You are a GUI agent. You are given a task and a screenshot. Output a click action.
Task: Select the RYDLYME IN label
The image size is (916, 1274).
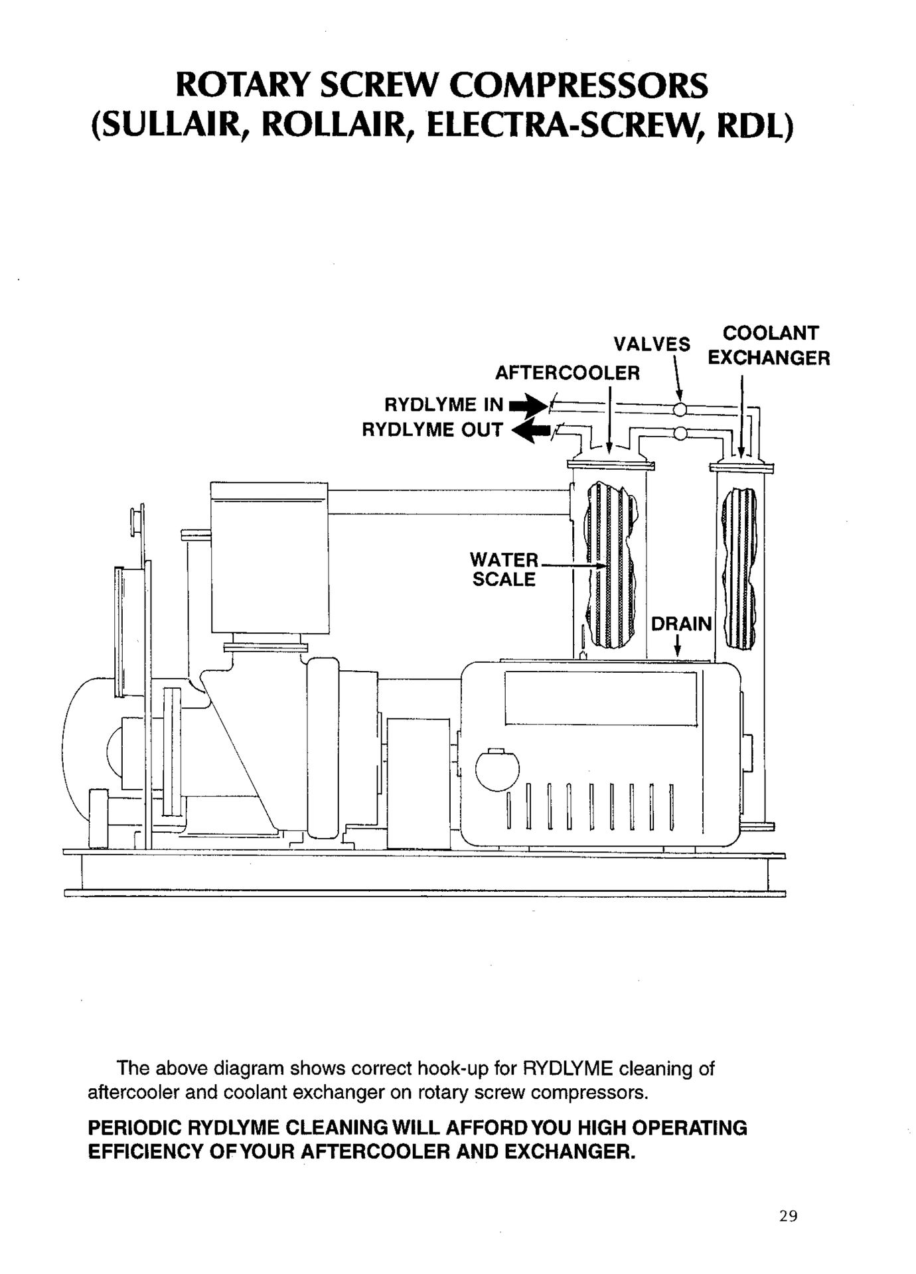click(x=444, y=405)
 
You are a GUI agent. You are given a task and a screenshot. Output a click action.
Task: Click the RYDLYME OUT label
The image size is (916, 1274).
click(x=432, y=430)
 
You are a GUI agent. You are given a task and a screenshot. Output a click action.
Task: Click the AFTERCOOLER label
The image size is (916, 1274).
click(x=568, y=373)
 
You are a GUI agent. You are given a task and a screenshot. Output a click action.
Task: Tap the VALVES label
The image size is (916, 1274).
click(x=652, y=344)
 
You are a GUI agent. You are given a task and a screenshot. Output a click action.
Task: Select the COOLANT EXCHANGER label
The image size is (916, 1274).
click(x=769, y=345)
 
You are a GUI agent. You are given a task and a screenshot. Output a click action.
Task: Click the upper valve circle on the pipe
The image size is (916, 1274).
click(x=679, y=409)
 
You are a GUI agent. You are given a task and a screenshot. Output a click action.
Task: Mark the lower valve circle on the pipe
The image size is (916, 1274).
click(x=679, y=435)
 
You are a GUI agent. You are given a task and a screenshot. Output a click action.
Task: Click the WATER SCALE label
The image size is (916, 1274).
click(x=504, y=569)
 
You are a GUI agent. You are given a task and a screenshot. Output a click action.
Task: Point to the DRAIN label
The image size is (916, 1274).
click(x=682, y=624)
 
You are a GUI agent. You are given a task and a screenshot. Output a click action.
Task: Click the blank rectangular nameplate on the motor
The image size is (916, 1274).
click(x=601, y=699)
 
